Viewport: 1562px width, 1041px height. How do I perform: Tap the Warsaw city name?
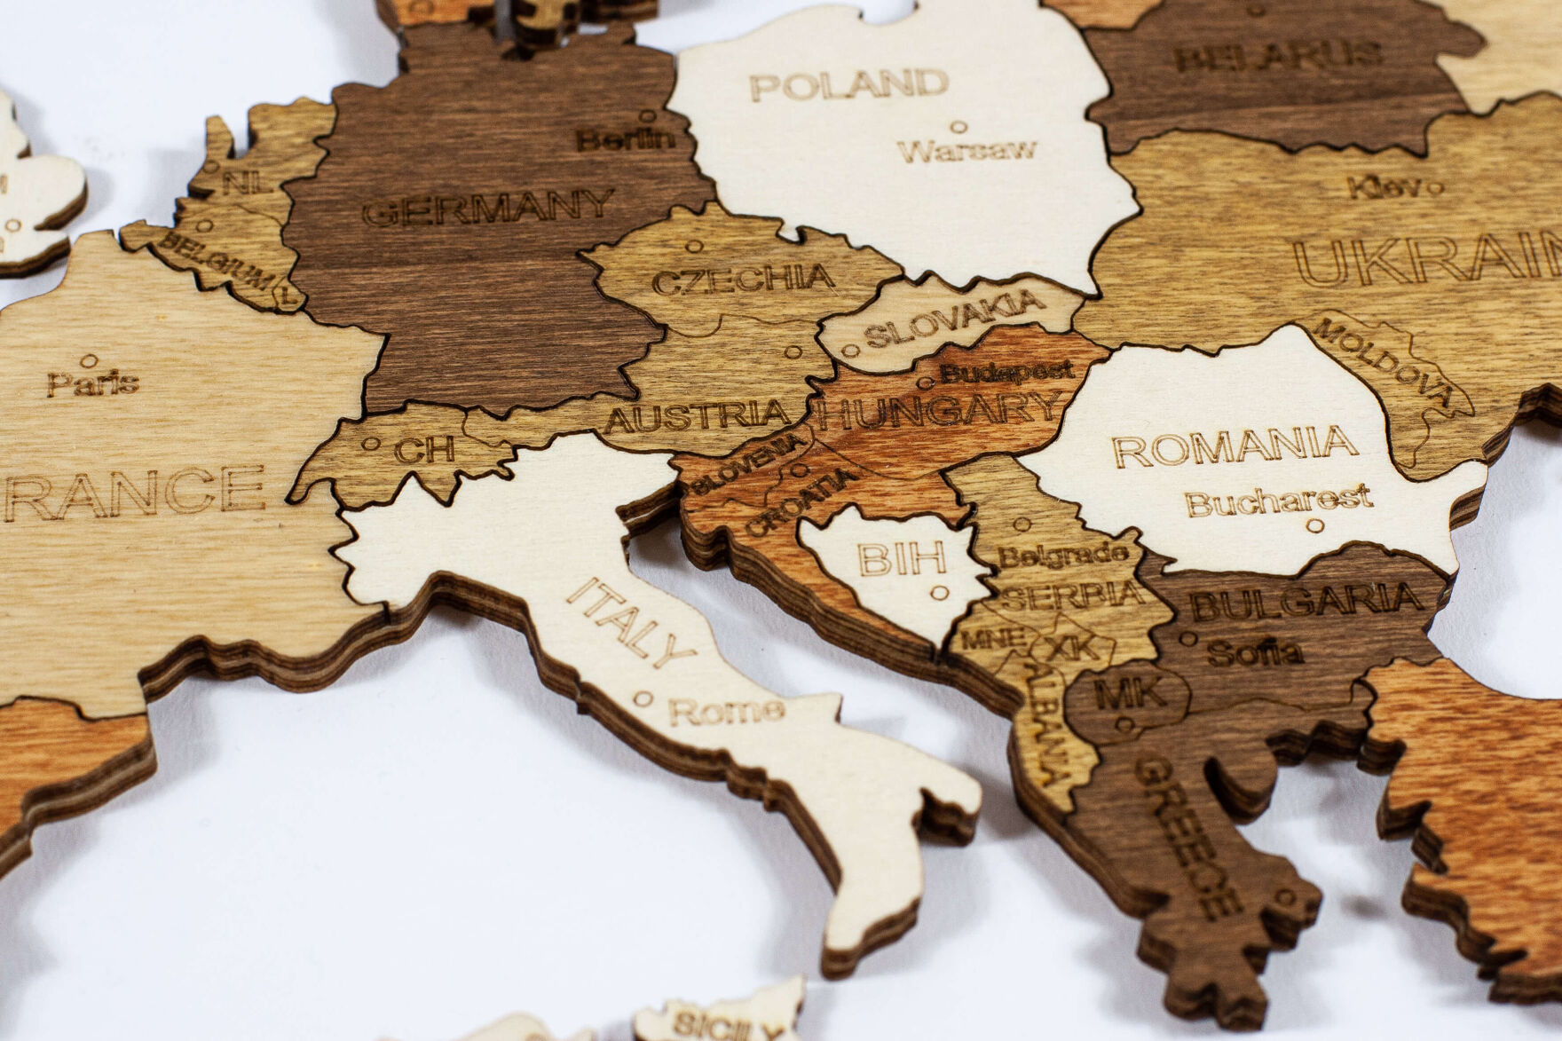click(966, 149)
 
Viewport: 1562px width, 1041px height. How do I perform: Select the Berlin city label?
click(626, 139)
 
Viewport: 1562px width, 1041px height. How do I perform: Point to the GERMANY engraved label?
click(488, 209)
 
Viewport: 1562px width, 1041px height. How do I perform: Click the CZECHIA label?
click(744, 280)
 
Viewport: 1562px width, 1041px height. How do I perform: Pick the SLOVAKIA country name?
click(954, 318)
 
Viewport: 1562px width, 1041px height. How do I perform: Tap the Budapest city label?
click(1006, 371)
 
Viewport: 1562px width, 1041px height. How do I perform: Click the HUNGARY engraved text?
click(939, 411)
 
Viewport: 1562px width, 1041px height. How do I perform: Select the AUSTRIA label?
click(697, 414)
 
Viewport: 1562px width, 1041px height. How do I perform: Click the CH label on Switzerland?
click(424, 450)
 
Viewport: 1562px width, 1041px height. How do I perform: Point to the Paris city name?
click(93, 383)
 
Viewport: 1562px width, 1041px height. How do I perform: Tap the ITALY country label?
click(631, 623)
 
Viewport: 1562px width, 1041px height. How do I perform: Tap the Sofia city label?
click(1255, 654)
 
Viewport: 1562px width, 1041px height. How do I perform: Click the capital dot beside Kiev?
click(1436, 187)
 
